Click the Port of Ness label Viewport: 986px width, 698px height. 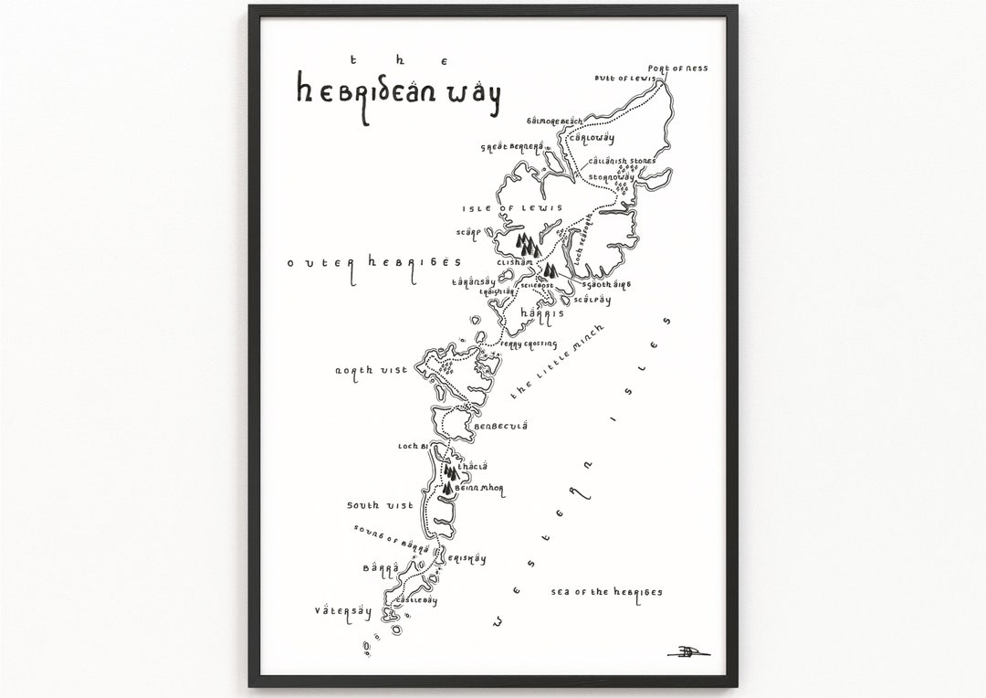click(677, 69)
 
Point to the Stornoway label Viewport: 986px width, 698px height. click(611, 176)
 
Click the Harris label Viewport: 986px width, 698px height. click(538, 312)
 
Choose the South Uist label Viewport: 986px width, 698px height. click(381, 504)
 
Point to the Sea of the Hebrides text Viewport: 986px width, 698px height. click(607, 592)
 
